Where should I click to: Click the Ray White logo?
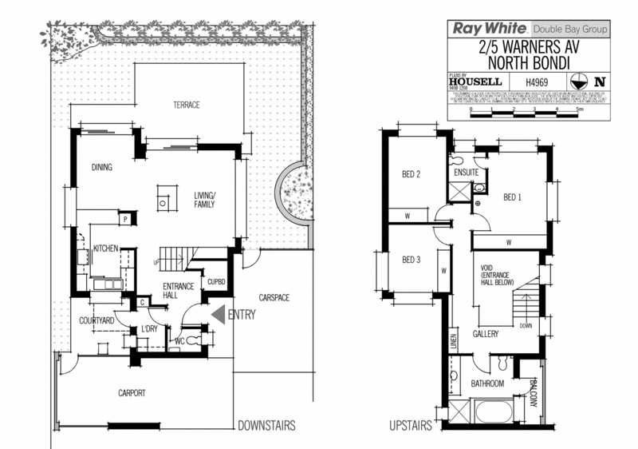click(x=479, y=28)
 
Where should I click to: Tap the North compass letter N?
click(x=600, y=81)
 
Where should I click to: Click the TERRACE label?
click(x=187, y=105)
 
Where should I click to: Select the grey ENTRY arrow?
click(x=217, y=315)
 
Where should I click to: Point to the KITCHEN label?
click(x=106, y=249)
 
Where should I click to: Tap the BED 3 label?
click(x=411, y=260)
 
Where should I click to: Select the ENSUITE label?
click(x=466, y=173)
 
